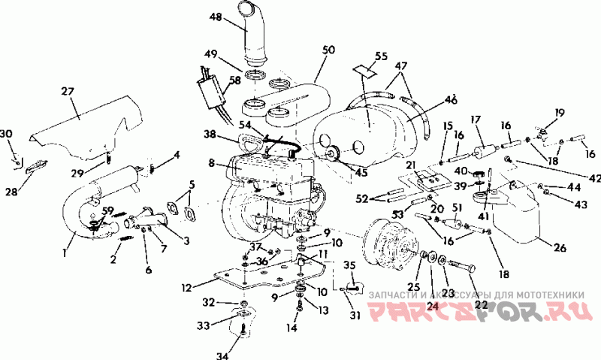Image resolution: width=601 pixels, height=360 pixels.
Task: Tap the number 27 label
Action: coord(68,92)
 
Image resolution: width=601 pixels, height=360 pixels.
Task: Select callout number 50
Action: coord(328,50)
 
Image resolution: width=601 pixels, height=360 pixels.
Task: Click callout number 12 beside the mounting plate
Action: coord(187,286)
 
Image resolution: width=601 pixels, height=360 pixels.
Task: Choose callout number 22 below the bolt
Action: coord(480,304)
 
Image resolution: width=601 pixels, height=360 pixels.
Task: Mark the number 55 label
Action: coord(381,56)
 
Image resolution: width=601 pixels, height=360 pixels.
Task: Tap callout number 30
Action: coord(7,134)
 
